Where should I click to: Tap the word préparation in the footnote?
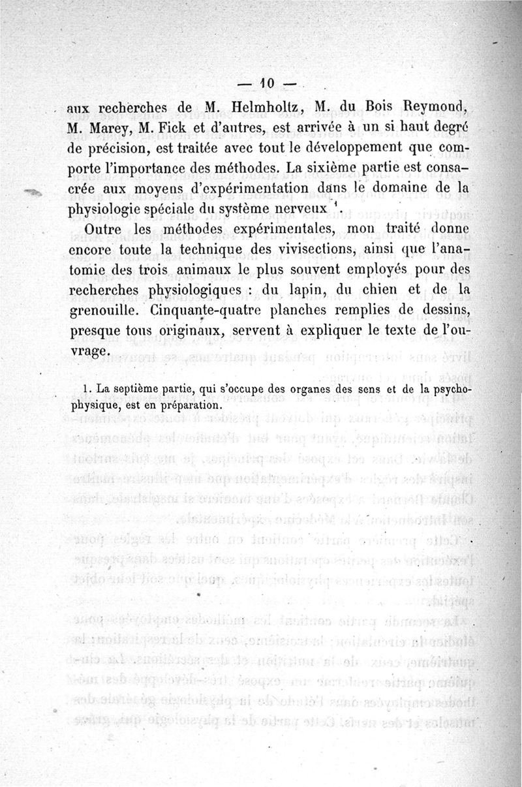click(x=184, y=404)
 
